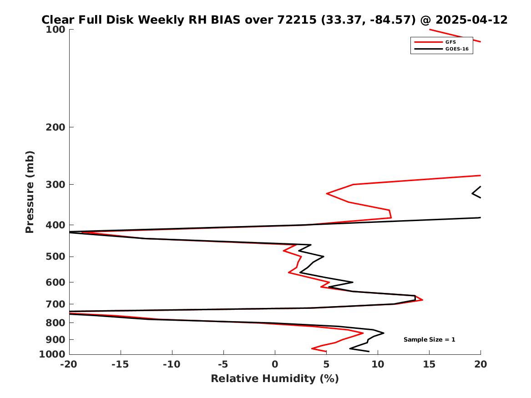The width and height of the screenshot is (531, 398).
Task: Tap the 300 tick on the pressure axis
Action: pos(55,185)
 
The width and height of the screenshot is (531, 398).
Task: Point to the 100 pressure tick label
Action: pos(55,30)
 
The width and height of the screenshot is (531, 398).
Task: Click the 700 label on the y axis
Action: pos(55,304)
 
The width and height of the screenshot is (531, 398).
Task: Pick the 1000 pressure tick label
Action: pos(52,354)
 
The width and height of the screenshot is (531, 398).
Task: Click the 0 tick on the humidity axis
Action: pos(275,364)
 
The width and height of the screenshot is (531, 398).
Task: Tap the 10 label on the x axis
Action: pos(378,364)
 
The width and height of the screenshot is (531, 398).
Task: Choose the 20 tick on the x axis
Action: pos(480,364)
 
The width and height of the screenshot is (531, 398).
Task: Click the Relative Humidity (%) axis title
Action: pos(275,378)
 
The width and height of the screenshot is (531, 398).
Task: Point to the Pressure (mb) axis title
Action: pos(30,192)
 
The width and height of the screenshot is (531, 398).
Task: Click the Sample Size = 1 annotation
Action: pos(430,339)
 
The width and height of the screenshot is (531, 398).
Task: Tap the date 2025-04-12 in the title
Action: pos(471,20)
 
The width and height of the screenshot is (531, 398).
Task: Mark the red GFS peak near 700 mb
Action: pos(422,300)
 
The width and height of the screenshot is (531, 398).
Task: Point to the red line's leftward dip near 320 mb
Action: pos(326,193)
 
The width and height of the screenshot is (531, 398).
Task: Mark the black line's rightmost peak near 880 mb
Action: pos(384,333)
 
